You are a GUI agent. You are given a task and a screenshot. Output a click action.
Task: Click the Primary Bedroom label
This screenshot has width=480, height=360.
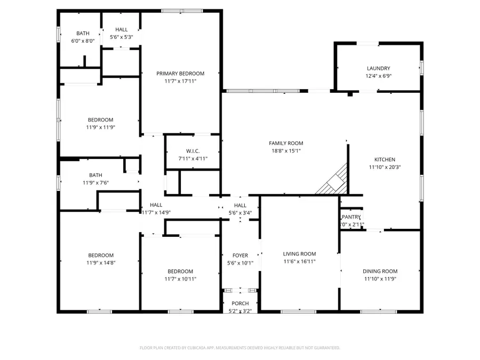tap(180, 74)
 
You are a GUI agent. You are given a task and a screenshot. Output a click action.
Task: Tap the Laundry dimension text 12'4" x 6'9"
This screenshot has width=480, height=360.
tap(378, 76)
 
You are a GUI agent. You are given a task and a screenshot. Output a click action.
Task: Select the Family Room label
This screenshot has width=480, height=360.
tap(286, 143)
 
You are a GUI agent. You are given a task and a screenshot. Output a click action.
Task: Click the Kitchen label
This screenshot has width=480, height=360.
tap(385, 159)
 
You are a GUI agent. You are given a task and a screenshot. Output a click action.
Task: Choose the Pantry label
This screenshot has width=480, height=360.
tap(350, 217)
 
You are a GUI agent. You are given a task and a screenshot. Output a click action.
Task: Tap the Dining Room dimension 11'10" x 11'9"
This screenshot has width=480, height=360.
tap(380, 279)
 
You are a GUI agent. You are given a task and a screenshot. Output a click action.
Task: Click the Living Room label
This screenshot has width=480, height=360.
tap(299, 254)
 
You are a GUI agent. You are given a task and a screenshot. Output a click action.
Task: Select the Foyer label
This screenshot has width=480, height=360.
tap(240, 255)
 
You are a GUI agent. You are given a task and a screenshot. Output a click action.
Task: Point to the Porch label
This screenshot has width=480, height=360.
tap(240, 303)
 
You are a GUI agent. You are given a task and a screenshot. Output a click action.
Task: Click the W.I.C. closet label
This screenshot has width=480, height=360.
tap(193, 151)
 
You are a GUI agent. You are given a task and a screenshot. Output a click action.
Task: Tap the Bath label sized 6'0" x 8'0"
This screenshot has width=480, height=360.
tap(83, 33)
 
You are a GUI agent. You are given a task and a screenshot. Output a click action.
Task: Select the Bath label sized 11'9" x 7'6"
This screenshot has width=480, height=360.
tap(96, 175)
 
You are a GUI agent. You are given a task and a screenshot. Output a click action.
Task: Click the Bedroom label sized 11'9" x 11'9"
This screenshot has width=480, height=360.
tap(101, 120)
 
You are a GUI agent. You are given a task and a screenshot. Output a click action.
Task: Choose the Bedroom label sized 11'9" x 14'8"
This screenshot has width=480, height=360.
tap(101, 255)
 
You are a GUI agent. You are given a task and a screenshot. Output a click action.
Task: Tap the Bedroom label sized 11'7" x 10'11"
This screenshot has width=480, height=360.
tap(180, 271)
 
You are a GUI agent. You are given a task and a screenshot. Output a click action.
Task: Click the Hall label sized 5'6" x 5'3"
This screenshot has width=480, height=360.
tap(121, 30)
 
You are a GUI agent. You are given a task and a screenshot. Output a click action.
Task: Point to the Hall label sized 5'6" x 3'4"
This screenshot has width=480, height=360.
tap(240, 205)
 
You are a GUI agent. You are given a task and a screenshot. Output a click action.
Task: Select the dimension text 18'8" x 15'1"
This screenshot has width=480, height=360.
tap(286, 151)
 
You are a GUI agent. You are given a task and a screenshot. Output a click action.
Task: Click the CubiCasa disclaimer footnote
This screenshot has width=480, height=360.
tap(239, 348)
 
